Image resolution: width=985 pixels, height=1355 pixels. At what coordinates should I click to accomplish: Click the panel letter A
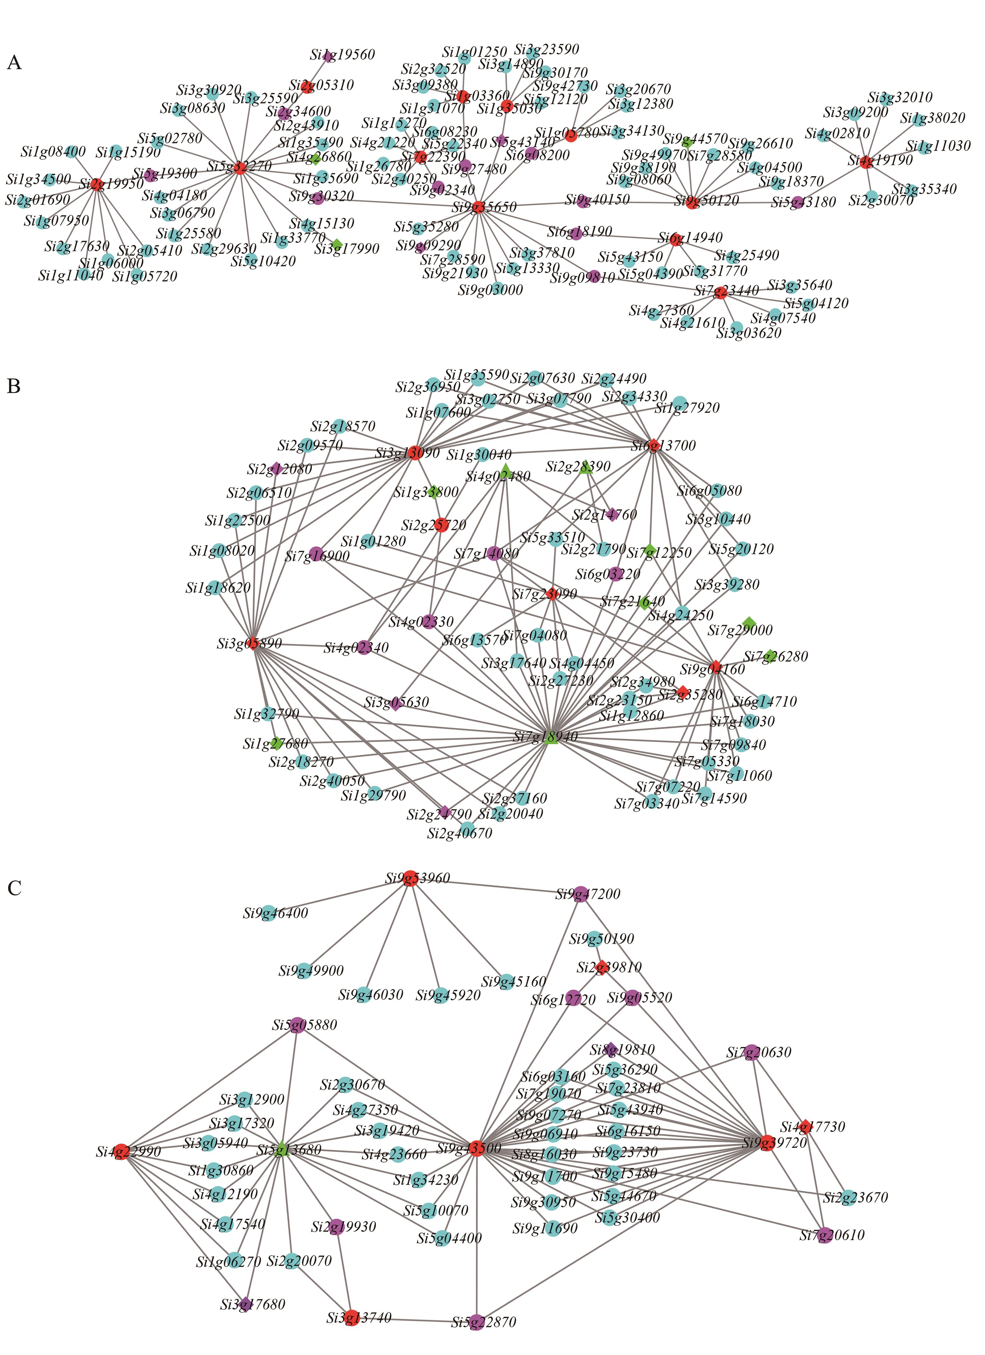coord(14,63)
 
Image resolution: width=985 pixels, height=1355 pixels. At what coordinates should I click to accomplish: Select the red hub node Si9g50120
coord(692,203)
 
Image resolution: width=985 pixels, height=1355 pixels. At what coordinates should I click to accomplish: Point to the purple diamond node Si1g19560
coord(327,56)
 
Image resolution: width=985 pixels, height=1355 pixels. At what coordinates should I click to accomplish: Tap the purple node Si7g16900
coord(317,554)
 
